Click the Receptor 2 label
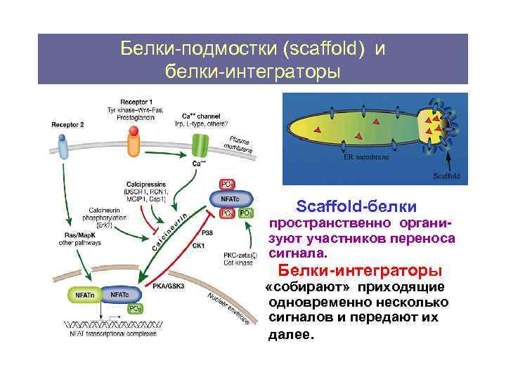[x=67, y=124]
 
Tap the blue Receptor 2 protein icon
[x=64, y=148]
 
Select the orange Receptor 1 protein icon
[x=133, y=145]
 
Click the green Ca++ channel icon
[x=200, y=147]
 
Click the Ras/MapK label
[x=79, y=235]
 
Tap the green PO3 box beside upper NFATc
[x=245, y=213]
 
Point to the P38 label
[x=207, y=232]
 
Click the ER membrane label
[x=365, y=159]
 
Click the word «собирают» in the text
[x=309, y=288]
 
